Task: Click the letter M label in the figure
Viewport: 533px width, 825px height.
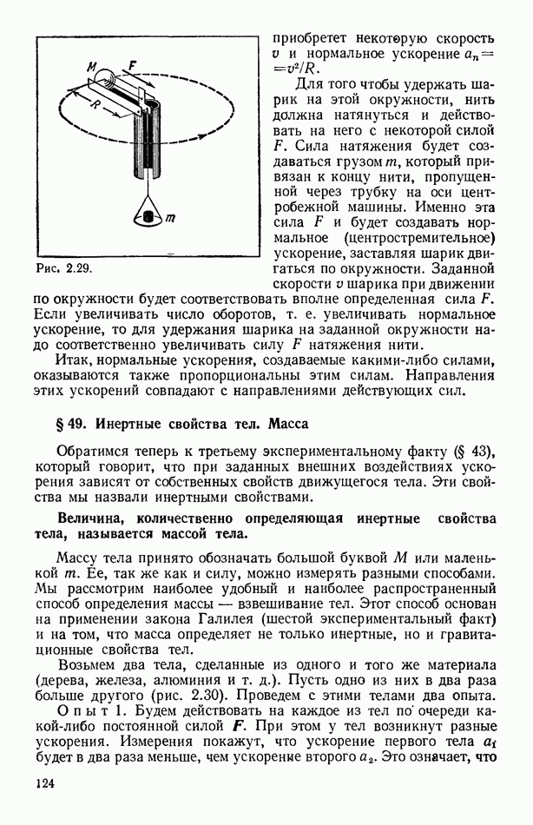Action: coord(93,67)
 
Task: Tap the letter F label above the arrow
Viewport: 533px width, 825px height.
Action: coord(132,64)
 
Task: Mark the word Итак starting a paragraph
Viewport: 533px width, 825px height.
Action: coord(74,358)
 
